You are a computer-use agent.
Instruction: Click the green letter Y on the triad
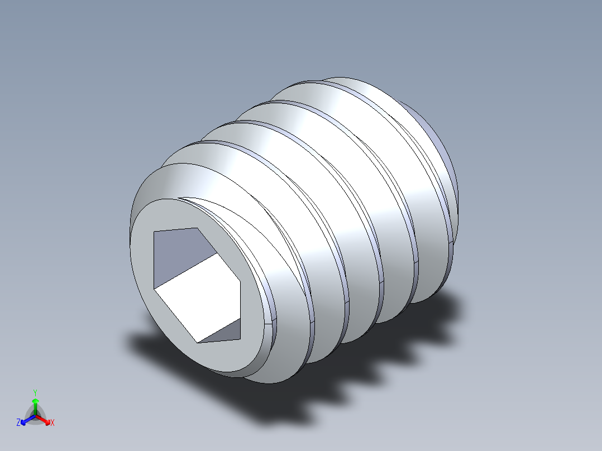tap(35, 392)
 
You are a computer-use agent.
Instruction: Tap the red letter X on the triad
tap(52, 423)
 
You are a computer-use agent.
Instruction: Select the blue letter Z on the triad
tap(18, 423)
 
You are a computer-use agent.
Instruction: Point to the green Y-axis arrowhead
tap(35, 401)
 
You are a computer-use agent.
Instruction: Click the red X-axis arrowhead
tap(47, 420)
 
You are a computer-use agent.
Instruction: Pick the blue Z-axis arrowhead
tap(24, 420)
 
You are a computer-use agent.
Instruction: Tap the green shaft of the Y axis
tap(35, 409)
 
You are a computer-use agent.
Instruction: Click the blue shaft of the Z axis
tap(30, 418)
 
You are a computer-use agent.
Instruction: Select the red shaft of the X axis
tap(41, 418)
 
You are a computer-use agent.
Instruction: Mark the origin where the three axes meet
tap(35, 415)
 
